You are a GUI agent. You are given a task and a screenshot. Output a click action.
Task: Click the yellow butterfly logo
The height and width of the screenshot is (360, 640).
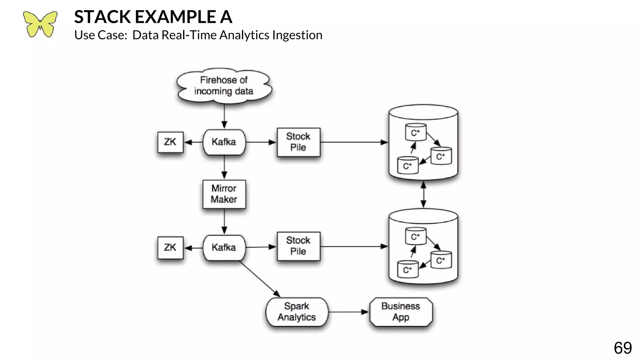coord(40,24)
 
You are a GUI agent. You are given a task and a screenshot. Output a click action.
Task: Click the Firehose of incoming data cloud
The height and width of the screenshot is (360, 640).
coord(224,86)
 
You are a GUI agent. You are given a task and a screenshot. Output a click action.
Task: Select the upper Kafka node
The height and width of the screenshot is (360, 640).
coord(224,142)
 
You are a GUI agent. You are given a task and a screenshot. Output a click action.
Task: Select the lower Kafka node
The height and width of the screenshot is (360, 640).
coord(224,247)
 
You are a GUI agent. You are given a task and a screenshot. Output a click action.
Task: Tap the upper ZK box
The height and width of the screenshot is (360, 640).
coord(170,142)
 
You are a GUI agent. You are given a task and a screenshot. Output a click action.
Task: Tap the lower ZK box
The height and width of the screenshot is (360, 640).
coord(170,247)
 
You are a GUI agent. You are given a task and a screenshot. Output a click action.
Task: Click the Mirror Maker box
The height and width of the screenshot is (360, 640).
coord(224,194)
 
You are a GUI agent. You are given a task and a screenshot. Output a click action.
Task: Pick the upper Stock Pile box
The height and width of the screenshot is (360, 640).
coord(298,142)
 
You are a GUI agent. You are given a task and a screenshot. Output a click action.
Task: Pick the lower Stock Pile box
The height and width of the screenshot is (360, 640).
coord(298,246)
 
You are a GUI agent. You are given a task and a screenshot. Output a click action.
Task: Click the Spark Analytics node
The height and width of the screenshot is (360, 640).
coord(297,312)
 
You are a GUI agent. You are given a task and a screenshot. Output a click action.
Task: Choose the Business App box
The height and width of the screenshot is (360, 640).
coord(401,312)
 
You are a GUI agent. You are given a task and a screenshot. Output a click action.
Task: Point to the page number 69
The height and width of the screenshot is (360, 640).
coord(622,348)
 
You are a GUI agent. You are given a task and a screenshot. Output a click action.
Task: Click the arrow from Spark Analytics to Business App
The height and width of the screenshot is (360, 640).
coord(348,312)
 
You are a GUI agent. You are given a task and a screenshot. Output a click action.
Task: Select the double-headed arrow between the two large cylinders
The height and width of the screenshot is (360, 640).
coord(423,194)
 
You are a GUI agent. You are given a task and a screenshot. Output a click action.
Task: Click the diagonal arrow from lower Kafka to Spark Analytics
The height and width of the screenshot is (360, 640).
coord(259,278)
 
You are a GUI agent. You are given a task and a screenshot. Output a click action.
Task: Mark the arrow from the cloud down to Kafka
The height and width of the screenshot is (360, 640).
coord(224,116)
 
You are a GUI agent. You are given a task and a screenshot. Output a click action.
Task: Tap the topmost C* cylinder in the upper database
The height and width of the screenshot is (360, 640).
coord(415,132)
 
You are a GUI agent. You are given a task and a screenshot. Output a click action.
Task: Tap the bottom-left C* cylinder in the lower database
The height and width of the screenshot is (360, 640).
coord(407,269)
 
